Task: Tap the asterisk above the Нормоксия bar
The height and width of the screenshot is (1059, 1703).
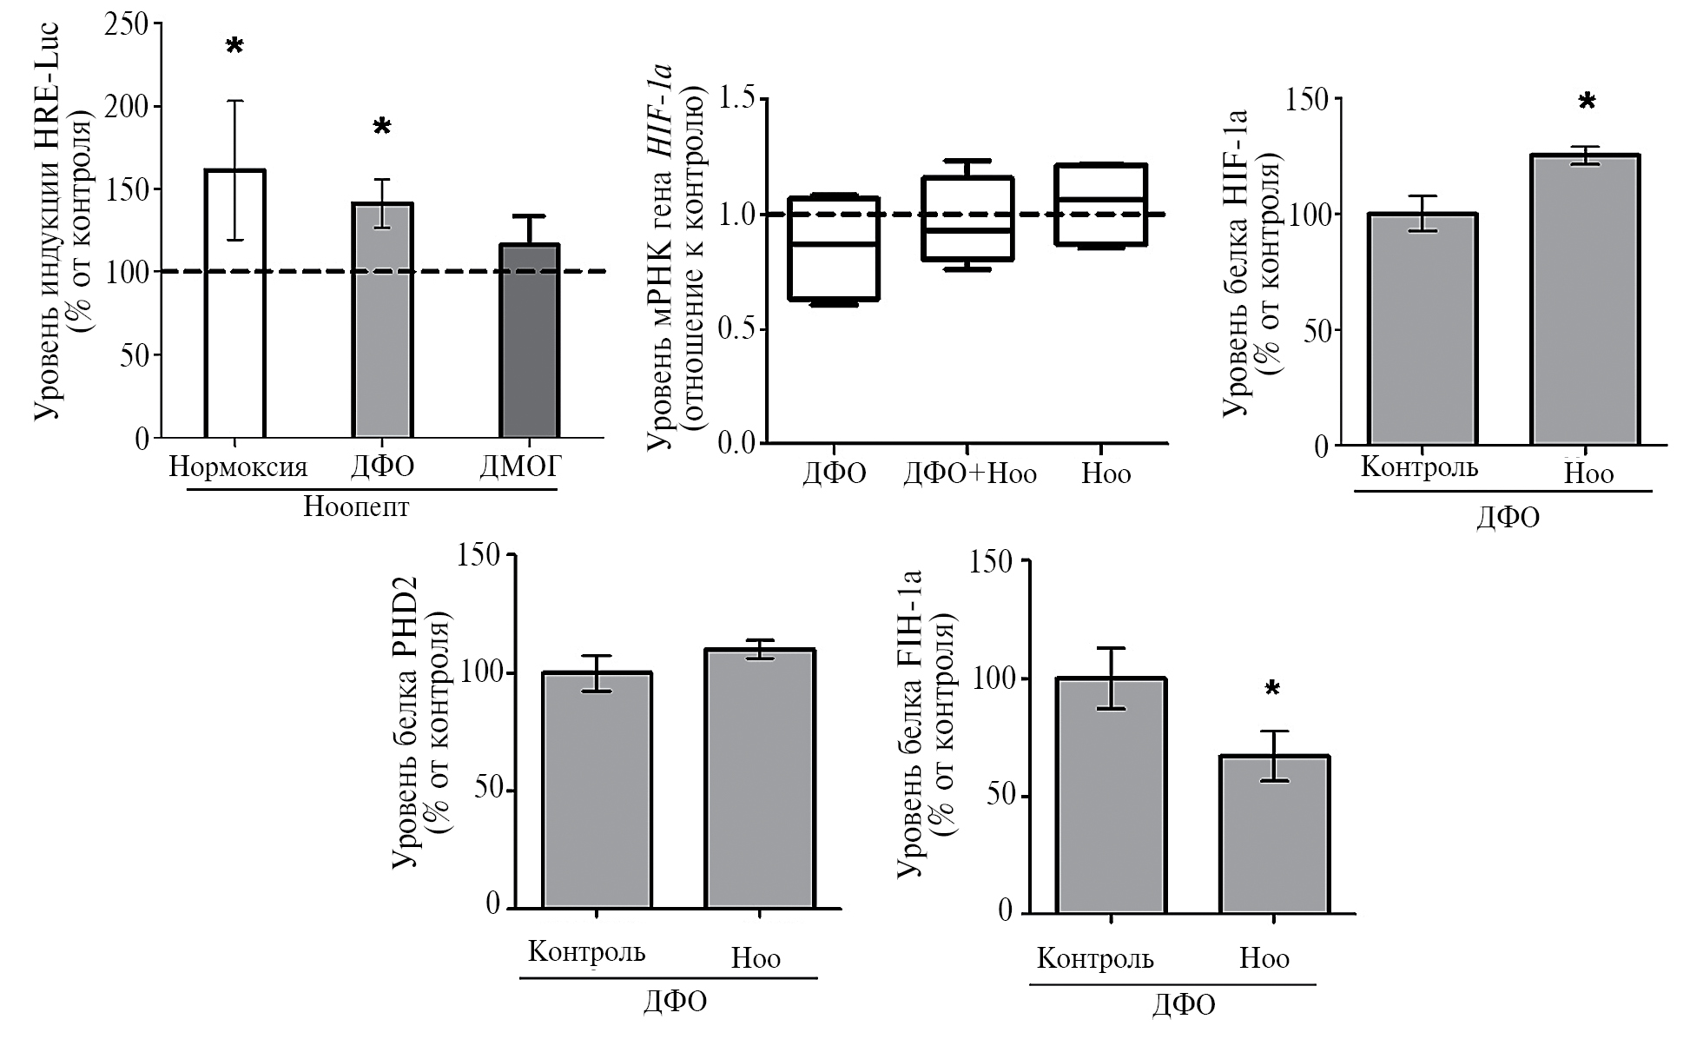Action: pos(234,47)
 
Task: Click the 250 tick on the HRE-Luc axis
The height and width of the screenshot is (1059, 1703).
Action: pos(126,24)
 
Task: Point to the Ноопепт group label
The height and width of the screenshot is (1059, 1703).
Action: pos(356,506)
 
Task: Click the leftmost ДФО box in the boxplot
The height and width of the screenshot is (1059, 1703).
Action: pos(834,248)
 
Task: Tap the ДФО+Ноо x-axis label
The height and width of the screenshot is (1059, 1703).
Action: pos(970,473)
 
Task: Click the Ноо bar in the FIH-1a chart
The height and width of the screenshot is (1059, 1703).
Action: pos(1274,834)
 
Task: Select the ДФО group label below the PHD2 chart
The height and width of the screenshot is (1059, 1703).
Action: pos(675,1001)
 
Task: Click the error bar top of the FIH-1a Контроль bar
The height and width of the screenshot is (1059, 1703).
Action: pos(1111,648)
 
